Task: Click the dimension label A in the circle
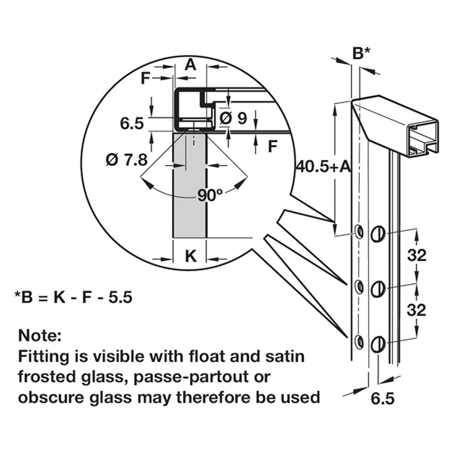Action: pos(191,65)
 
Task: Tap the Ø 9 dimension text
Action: pos(233,118)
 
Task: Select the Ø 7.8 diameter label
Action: pos(126,160)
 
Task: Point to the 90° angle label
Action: pos(210,195)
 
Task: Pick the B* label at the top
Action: pos(361,53)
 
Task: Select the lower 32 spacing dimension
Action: pos(417,310)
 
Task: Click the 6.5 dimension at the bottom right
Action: pos(382,399)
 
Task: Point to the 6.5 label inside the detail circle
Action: pos(132,123)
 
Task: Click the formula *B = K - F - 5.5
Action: pos(73,297)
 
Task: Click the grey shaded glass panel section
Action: pos(190,189)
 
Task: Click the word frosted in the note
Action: pos(44,377)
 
